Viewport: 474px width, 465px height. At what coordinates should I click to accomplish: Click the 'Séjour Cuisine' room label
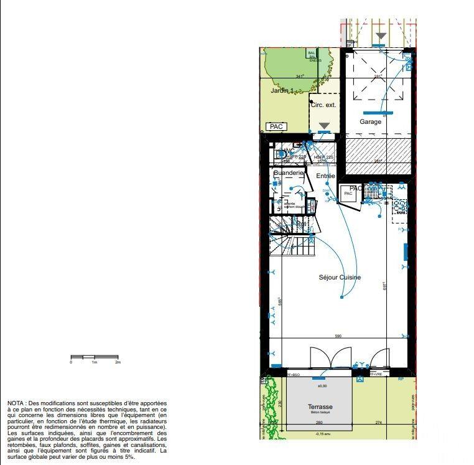click(340, 278)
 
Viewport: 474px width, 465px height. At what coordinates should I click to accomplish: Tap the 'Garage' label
click(370, 122)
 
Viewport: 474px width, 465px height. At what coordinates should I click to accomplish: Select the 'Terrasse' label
click(320, 407)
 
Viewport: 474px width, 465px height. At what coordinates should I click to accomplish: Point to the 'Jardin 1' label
click(282, 91)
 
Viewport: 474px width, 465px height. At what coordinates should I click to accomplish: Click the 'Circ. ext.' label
click(323, 105)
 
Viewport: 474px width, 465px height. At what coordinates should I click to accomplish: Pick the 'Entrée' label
click(325, 176)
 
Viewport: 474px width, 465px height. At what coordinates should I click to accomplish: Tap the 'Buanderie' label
click(288, 172)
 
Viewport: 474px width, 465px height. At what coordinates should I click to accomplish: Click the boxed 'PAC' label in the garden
click(276, 126)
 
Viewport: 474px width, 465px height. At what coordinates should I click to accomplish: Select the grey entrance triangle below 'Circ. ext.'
click(324, 126)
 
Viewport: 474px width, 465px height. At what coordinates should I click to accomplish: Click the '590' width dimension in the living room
click(338, 336)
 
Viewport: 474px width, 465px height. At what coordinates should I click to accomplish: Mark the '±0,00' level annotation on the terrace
click(322, 386)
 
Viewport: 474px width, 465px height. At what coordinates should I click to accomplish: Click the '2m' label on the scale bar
click(118, 362)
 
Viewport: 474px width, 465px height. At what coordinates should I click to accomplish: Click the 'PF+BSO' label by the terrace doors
click(293, 375)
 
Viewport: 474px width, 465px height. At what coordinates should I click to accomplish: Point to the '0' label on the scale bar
click(71, 362)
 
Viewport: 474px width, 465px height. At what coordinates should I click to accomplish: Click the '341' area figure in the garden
click(299, 77)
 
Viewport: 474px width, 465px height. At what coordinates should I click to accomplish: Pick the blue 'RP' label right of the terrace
click(401, 378)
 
